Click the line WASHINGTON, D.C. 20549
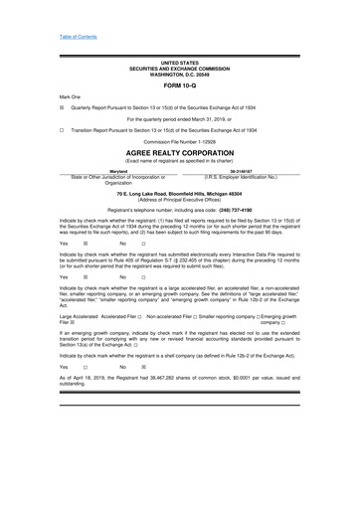[x=179, y=76]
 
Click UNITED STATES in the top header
[x=179, y=64]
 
